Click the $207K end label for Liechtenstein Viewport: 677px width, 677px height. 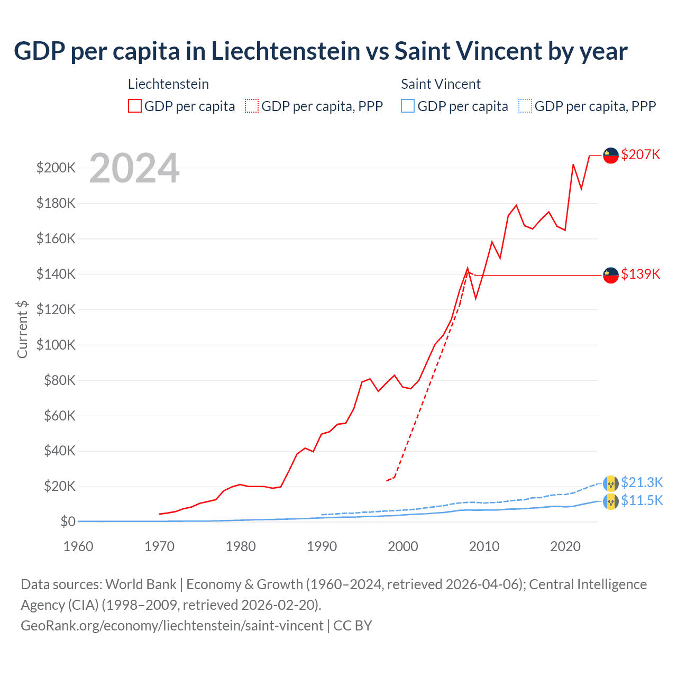(641, 154)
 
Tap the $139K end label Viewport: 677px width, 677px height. (641, 274)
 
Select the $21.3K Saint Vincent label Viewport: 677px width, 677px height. (642, 482)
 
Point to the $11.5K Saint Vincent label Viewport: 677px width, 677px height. (642, 500)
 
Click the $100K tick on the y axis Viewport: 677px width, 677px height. (56, 345)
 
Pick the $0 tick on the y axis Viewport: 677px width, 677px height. (68, 522)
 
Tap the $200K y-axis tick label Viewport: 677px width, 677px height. (56, 168)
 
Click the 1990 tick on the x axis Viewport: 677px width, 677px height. (322, 546)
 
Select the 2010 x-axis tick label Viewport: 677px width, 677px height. (484, 546)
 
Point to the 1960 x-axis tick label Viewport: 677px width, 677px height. (78, 546)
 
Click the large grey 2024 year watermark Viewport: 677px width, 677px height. (134, 169)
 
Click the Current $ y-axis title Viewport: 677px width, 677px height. (22, 329)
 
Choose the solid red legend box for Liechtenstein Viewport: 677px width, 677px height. (135, 106)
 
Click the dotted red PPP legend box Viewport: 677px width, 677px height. (252, 106)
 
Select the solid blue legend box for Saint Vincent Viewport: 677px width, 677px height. (408, 106)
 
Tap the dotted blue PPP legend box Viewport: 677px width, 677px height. (525, 106)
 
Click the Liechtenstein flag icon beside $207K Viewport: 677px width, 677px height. (611, 155)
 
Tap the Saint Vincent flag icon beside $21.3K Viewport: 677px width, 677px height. (611, 483)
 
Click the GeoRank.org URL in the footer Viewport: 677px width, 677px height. (172, 626)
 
